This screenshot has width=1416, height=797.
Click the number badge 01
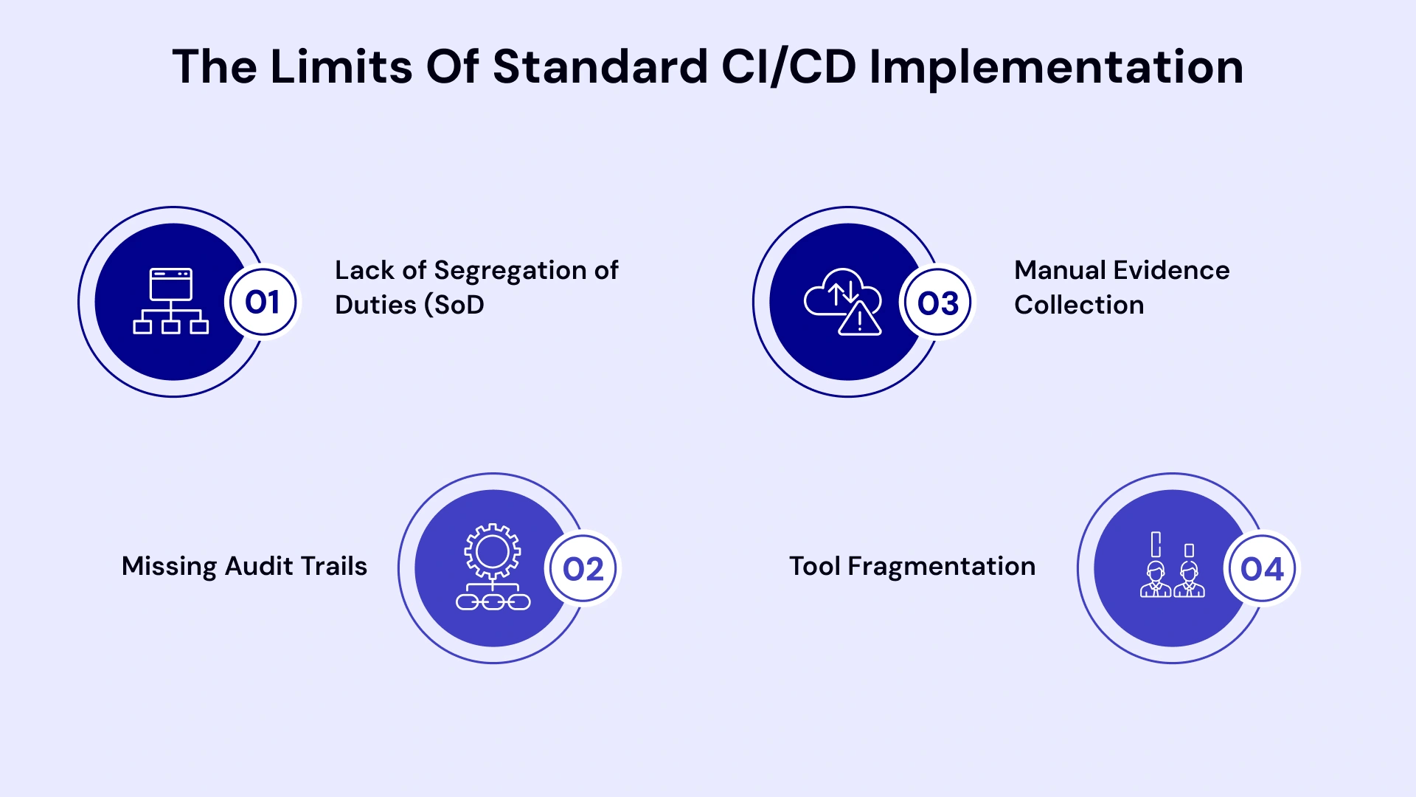[263, 302]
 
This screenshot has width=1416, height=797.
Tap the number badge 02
[583, 569]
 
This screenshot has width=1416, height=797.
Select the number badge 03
[937, 303]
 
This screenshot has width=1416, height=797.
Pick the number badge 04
[1262, 569]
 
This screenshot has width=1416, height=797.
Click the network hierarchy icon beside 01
[171, 301]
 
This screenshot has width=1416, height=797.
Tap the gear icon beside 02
[493, 551]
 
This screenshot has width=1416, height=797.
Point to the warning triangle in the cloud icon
[860, 320]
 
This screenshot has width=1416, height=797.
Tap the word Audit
[259, 566]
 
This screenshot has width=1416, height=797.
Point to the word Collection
[1079, 305]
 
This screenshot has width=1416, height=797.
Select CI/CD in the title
[788, 66]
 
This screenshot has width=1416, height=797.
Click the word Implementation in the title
[1056, 66]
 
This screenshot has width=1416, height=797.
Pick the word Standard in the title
[600, 66]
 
